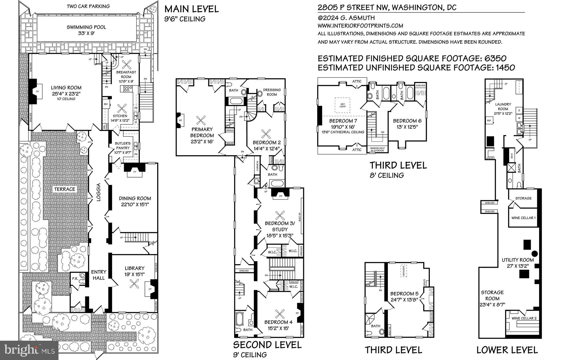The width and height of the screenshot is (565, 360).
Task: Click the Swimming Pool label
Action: click(x=86, y=27)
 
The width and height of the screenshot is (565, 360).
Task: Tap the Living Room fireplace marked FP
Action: click(x=38, y=91)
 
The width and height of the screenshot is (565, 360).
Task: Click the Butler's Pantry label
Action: click(x=123, y=146)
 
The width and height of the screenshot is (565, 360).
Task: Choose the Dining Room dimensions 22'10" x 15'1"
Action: click(x=135, y=205)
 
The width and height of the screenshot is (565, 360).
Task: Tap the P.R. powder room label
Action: click(x=75, y=279)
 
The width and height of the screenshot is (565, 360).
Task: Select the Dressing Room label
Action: click(x=272, y=92)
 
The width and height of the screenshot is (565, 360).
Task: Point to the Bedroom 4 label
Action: click(x=278, y=322)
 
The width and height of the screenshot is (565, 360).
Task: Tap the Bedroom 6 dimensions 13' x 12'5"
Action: click(x=407, y=127)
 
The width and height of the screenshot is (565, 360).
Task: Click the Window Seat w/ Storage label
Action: click(x=377, y=150)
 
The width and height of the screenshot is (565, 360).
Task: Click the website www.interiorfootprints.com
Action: click(x=360, y=26)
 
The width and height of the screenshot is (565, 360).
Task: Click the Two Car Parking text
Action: click(x=88, y=6)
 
